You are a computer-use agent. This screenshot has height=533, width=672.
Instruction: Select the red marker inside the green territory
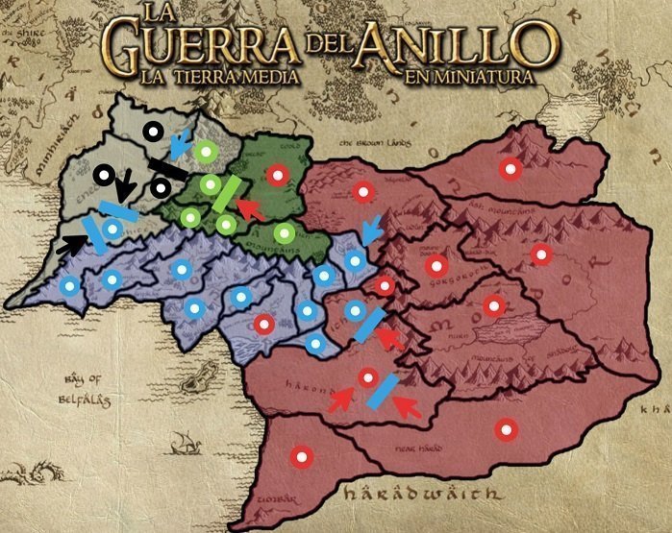[x=278, y=175]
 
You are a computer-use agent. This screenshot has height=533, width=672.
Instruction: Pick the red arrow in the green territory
[x=250, y=208]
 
